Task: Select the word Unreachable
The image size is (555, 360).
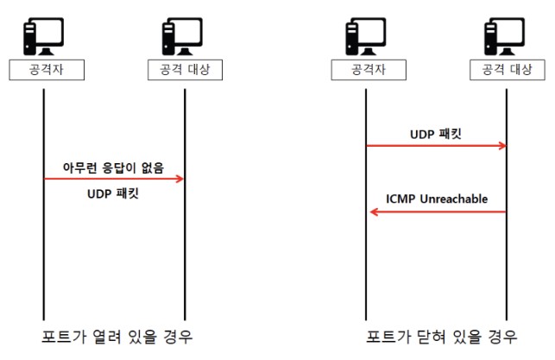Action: click(x=454, y=199)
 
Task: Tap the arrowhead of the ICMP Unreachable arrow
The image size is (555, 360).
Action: click(x=374, y=212)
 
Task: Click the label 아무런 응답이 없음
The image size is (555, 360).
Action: click(x=113, y=167)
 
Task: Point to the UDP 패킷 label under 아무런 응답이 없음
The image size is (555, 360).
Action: click(x=113, y=193)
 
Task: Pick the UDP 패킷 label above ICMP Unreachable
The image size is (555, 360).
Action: click(x=436, y=134)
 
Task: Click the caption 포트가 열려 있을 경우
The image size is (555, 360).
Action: click(x=117, y=337)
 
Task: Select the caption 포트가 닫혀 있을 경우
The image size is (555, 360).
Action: click(x=441, y=337)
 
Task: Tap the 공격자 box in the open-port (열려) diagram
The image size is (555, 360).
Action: click(x=47, y=70)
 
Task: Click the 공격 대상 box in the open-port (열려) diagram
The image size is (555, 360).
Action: click(x=185, y=70)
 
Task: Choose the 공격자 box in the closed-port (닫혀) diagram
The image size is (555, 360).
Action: click(x=369, y=70)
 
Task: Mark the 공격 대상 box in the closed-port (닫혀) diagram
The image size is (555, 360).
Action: click(x=508, y=70)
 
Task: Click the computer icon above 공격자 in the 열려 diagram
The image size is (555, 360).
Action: click(x=43, y=36)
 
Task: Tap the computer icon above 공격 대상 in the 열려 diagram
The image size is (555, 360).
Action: click(x=182, y=36)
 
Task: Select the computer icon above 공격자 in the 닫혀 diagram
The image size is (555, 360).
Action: click(x=366, y=36)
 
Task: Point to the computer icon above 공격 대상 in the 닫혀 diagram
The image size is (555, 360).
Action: click(x=504, y=36)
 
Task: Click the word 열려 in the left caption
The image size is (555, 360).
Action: click(x=106, y=337)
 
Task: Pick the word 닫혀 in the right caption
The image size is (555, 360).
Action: click(x=431, y=337)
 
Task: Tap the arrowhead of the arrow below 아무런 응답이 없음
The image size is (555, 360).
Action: click(x=180, y=179)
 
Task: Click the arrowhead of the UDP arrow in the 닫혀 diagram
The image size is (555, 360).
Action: click(x=502, y=146)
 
